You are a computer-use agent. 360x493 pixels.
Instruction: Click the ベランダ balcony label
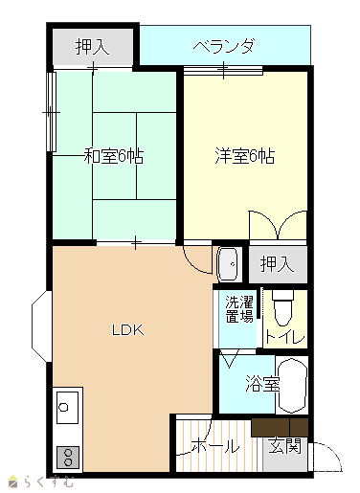tap(223, 46)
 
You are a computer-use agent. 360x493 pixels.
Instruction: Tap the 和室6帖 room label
tap(114, 156)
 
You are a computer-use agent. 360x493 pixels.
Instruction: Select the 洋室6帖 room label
tap(245, 156)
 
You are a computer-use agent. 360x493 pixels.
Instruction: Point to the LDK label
tap(128, 330)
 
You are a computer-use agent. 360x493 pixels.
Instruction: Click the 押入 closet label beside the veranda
tap(93, 47)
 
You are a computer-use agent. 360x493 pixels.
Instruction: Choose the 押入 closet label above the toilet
tap(277, 264)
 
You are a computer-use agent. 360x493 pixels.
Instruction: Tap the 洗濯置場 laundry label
tap(239, 309)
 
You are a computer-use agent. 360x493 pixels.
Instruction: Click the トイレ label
tap(285, 337)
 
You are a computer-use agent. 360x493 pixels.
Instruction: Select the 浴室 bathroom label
tap(262, 384)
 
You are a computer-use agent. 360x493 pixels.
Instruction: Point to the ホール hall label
tap(215, 445)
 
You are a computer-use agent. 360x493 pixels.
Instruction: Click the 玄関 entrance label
tap(284, 445)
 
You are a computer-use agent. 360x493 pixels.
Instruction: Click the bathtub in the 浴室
tap(292, 385)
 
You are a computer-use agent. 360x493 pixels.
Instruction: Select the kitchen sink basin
tap(67, 408)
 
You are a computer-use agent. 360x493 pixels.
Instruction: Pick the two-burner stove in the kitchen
tap(68, 458)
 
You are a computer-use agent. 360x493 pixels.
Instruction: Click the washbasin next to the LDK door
tap(227, 264)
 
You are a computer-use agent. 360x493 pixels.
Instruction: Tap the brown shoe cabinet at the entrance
tap(280, 428)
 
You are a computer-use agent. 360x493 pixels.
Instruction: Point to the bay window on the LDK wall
tap(41, 326)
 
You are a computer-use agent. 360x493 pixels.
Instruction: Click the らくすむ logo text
tap(50, 482)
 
